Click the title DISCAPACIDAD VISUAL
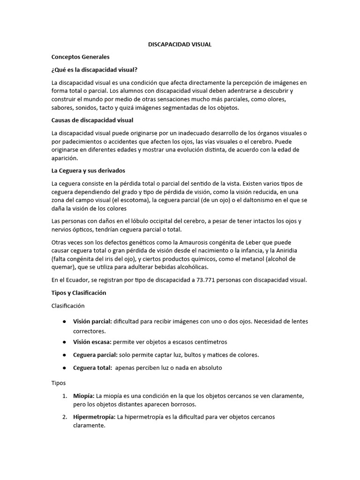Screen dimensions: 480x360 (180, 45)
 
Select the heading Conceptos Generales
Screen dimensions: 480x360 (80, 57)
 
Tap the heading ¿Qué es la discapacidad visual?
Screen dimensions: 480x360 (94, 70)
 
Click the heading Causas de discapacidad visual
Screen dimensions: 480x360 (92, 120)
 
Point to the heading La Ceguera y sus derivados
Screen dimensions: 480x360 (88, 170)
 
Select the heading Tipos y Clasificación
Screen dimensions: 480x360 (79, 292)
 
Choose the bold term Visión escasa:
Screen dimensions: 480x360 (92, 342)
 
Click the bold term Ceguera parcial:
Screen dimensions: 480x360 (95, 355)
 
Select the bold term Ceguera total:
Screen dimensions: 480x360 (92, 368)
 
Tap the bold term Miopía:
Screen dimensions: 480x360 (84, 396)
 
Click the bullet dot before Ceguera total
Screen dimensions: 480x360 (64, 368)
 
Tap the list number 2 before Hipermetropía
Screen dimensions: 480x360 (64, 417)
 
